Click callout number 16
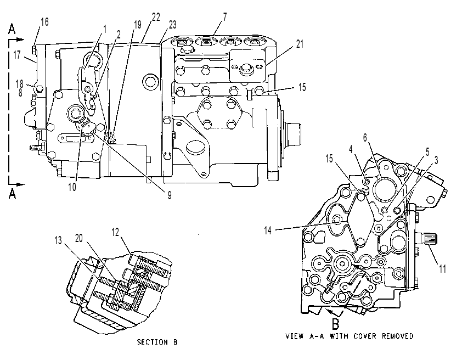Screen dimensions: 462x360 click(x=45, y=22)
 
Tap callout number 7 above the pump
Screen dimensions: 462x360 click(x=225, y=17)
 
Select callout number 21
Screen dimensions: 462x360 click(x=300, y=44)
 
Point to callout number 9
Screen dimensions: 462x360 click(x=170, y=195)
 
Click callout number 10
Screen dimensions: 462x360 click(x=72, y=187)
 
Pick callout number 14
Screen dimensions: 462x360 click(x=268, y=230)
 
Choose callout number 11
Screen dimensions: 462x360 click(x=443, y=269)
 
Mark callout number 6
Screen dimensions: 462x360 click(x=365, y=137)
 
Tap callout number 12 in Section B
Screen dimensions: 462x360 click(x=115, y=233)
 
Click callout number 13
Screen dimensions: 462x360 click(x=58, y=240)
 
